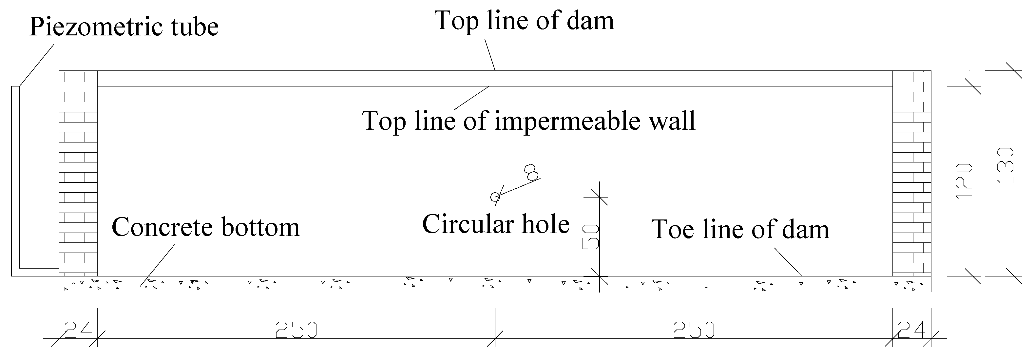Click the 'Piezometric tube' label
click(124, 27)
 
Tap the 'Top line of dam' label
click(524, 21)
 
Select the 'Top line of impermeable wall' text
click(528, 121)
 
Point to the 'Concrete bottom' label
click(205, 227)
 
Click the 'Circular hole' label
click(496, 224)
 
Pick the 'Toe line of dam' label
click(740, 230)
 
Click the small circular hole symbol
click(495, 197)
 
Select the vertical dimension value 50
click(590, 237)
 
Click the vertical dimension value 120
click(964, 180)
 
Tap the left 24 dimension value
click(78, 330)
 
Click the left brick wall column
click(78, 172)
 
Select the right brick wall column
click(911, 172)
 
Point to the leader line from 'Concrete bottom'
click(158, 265)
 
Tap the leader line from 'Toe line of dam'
click(788, 261)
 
